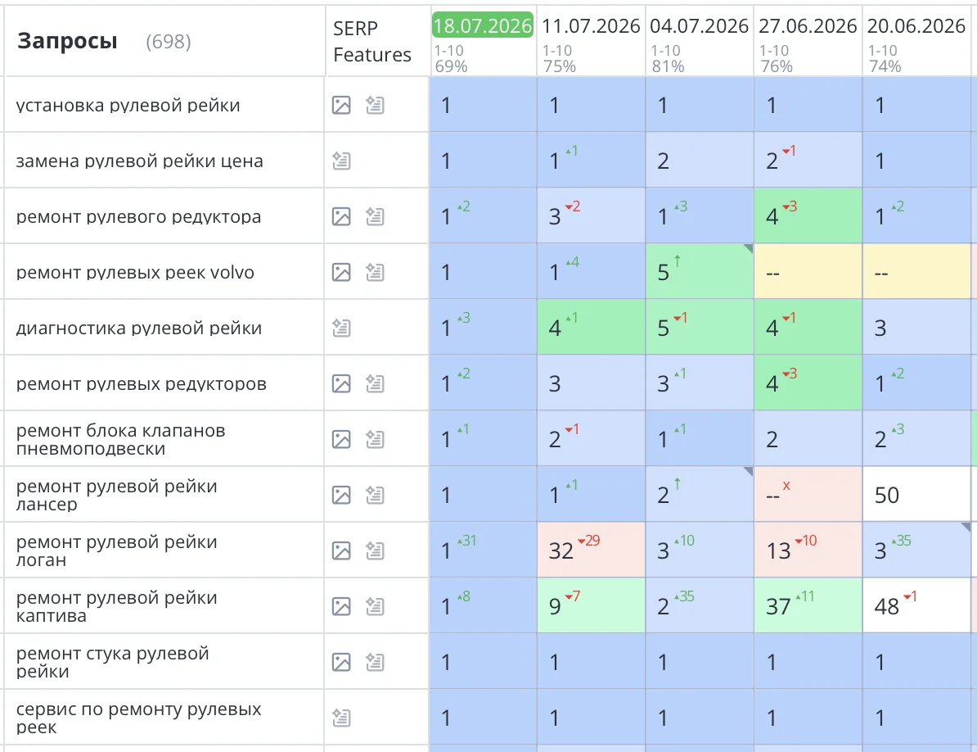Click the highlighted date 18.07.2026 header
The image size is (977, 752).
(482, 25)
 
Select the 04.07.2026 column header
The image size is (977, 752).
(699, 26)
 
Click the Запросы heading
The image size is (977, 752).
(67, 41)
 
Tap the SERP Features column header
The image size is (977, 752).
(372, 41)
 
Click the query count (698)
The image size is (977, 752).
(169, 42)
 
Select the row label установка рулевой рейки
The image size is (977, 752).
(128, 106)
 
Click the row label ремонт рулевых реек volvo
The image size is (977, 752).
(135, 273)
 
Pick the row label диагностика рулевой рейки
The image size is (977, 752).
(139, 328)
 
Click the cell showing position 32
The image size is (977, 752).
(591, 550)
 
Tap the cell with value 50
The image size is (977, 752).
(916, 495)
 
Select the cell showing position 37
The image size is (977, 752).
(808, 605)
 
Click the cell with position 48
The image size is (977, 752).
(916, 605)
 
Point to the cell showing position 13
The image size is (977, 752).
(808, 550)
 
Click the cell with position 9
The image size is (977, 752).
(591, 605)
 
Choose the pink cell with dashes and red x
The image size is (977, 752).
(808, 495)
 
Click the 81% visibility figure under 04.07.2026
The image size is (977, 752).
(668, 66)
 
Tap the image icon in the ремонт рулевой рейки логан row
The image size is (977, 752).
(341, 550)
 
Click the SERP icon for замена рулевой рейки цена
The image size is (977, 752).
(341, 161)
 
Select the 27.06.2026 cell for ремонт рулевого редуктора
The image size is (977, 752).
(808, 215)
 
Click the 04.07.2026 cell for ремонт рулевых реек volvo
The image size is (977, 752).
(699, 271)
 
